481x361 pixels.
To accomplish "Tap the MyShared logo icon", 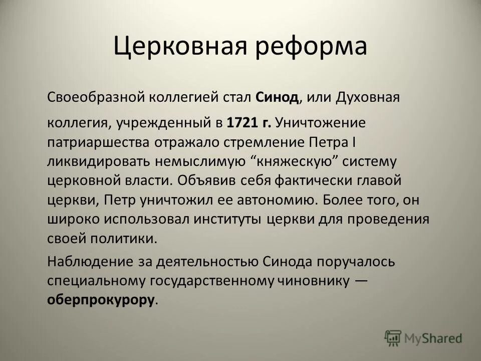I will click(x=393, y=337).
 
